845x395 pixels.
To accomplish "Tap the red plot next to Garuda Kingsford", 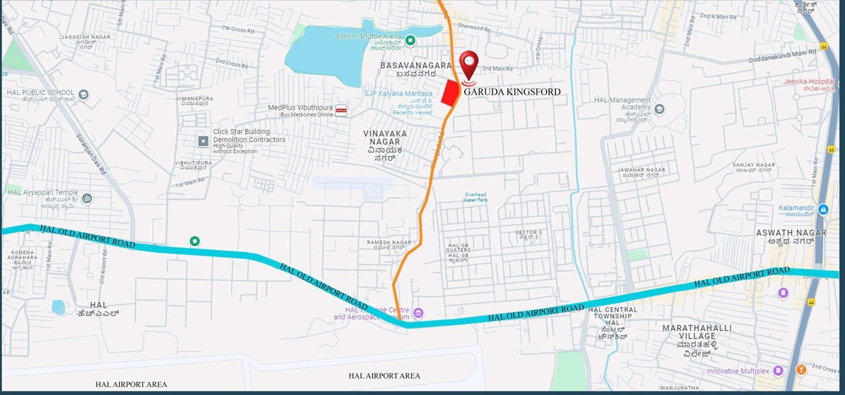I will [x=450, y=93].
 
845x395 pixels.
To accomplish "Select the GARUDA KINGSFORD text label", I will [x=512, y=92].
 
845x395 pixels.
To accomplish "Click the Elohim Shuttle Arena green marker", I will [x=410, y=41].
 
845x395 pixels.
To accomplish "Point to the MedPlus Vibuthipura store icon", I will [x=341, y=110].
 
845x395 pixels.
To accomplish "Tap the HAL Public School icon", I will [x=83, y=95].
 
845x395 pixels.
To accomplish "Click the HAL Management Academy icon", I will [x=660, y=109].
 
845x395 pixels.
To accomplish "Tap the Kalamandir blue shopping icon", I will [x=823, y=209].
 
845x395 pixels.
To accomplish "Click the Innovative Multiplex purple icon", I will [x=778, y=370].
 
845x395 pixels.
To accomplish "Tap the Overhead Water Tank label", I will [x=475, y=197].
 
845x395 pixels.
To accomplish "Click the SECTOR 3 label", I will [x=528, y=233].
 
